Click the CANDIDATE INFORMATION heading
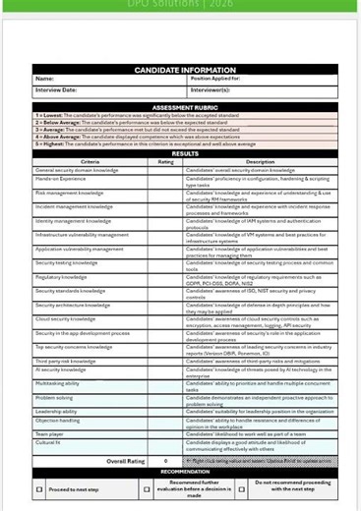[x=185, y=70]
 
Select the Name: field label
[x=44, y=79]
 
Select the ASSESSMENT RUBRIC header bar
[x=185, y=107]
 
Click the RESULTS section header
[x=185, y=154]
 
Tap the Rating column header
[x=165, y=162]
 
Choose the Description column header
[x=260, y=162]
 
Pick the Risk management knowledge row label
[x=69, y=194]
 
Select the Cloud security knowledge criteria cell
[x=66, y=319]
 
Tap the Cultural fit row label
[x=49, y=444]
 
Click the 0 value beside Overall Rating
[x=165, y=460]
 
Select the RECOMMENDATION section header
[x=185, y=472]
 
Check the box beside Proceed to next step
[x=39, y=489]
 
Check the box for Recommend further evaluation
[x=147, y=489]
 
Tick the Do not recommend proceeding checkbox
[x=246, y=489]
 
